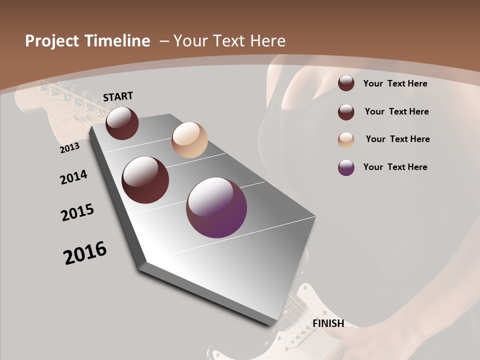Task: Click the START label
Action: pos(118,96)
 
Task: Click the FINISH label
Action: pos(328,323)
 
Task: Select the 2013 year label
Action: pos(70,148)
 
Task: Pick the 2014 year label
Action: pos(74,177)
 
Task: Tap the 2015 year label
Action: pos(77,212)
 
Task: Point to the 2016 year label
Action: pos(85,253)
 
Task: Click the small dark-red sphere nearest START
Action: pos(122,123)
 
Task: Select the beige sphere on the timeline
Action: pos(189,140)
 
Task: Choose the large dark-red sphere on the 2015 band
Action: pos(145,180)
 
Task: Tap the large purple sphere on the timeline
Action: pos(216,207)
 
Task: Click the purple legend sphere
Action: pos(346,167)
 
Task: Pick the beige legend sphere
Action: pos(346,140)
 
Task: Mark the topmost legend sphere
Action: pos(346,83)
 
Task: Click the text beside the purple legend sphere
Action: pos(395,167)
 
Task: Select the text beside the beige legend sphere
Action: pos(397,139)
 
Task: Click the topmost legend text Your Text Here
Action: pos(395,83)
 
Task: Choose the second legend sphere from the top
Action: pos(346,112)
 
